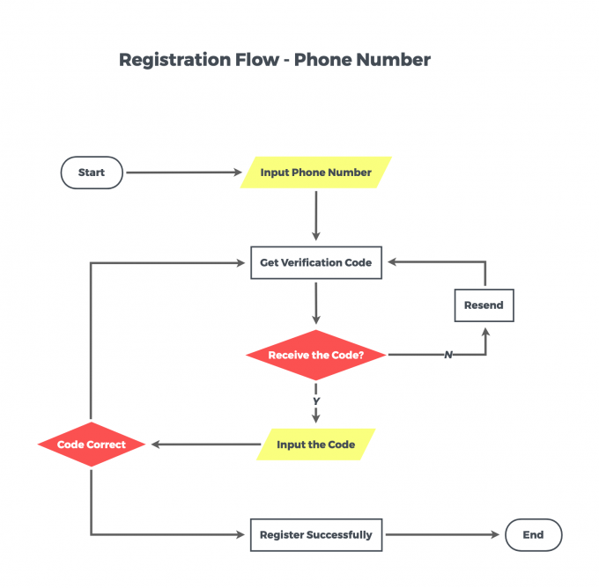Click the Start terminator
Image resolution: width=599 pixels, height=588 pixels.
tap(92, 173)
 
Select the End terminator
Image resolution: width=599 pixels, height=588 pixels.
tap(533, 534)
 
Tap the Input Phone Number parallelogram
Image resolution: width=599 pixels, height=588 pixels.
tap(316, 173)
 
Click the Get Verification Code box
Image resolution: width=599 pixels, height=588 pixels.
tap(316, 262)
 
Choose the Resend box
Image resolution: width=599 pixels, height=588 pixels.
tap(484, 305)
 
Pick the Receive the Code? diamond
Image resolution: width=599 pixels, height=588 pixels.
tap(316, 355)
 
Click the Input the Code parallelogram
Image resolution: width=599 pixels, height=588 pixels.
tap(316, 445)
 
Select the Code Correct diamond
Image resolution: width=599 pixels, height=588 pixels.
tap(92, 445)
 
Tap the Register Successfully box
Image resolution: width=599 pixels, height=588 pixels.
tap(316, 534)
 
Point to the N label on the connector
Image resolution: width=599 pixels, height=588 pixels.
tap(448, 355)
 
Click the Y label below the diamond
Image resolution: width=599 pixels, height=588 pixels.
tap(316, 401)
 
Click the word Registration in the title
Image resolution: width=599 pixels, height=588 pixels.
tap(174, 61)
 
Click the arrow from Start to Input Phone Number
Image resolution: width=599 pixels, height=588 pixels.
tap(184, 173)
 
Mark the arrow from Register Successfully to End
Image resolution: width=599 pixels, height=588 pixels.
tap(442, 534)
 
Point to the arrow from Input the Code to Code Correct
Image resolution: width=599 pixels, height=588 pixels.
tap(206, 444)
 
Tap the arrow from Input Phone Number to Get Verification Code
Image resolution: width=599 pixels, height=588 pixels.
tap(316, 216)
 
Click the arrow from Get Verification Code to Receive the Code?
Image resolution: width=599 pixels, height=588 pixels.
tap(316, 303)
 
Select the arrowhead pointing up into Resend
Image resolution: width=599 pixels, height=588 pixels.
tap(485, 332)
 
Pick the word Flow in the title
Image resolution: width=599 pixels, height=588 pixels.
tap(257, 60)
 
